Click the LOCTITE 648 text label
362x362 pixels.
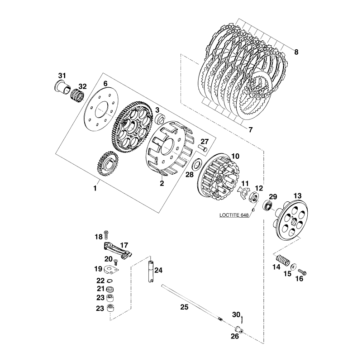pyautogui.click(x=234, y=215)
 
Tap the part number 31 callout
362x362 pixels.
pyautogui.click(x=62, y=76)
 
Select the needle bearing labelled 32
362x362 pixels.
pyautogui.click(x=76, y=95)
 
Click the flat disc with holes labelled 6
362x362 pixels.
pyautogui.click(x=101, y=109)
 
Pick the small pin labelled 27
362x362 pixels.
pyautogui.click(x=203, y=148)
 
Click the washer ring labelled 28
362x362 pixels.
pyautogui.click(x=197, y=164)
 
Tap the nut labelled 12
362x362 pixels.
pyautogui.click(x=254, y=198)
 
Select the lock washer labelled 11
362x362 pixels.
pyautogui.click(x=243, y=191)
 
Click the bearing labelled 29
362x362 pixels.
pyautogui.click(x=268, y=205)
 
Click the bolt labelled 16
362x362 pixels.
pyautogui.click(x=302, y=272)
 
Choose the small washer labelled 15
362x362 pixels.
pyautogui.click(x=293, y=266)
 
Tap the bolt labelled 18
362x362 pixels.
pyautogui.click(x=106, y=234)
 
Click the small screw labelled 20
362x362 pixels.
pyautogui.click(x=116, y=262)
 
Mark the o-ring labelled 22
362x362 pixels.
pyautogui.click(x=110, y=281)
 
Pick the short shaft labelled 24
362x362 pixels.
pyautogui.click(x=151, y=271)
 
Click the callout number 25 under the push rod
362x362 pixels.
pyautogui.click(x=184, y=307)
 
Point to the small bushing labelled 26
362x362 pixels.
pyautogui.click(x=239, y=330)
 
